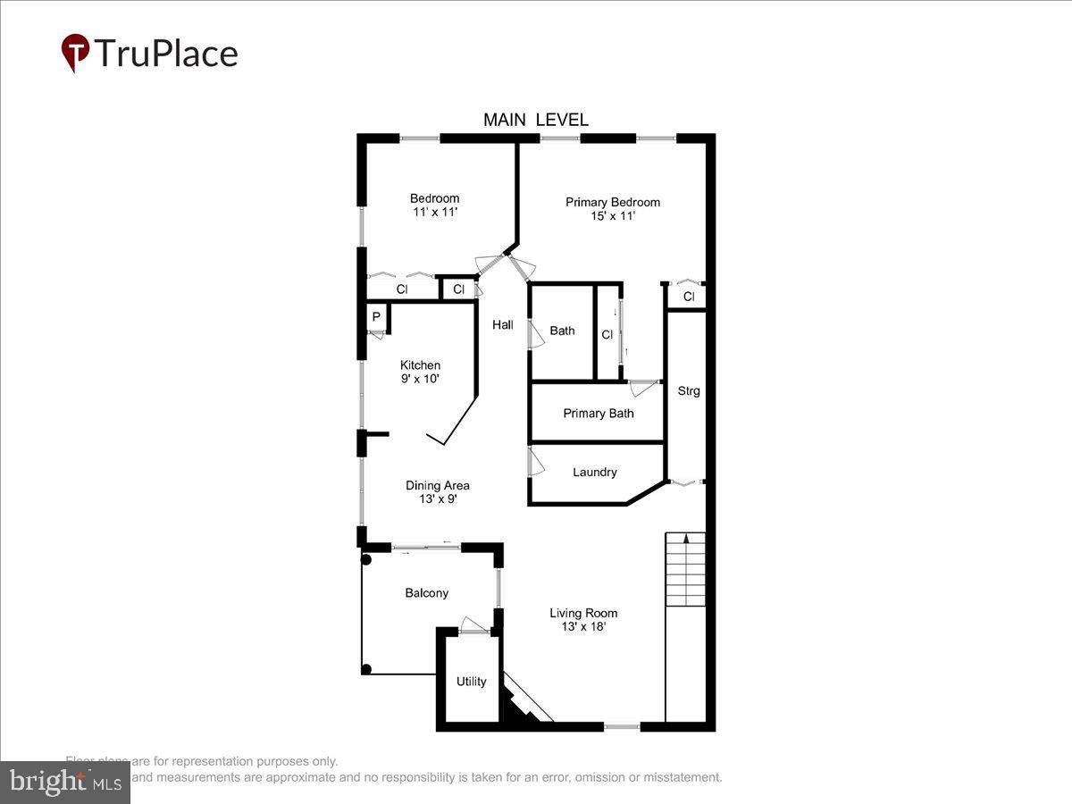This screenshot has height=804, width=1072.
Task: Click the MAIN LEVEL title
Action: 535,120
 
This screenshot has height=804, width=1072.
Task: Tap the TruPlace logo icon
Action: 75,53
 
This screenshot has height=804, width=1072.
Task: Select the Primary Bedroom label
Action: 612,202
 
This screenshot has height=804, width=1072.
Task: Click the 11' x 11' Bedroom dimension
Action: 434,213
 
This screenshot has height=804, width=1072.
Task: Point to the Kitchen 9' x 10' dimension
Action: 420,379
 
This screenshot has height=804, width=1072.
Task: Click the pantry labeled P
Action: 376,317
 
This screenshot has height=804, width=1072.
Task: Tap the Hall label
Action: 502,325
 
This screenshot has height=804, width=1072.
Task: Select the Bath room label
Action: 562,331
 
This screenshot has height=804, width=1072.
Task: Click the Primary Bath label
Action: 598,413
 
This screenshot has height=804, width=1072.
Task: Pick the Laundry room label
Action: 594,472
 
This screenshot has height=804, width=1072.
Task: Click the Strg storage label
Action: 688,390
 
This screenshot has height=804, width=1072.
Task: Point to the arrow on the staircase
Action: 685,539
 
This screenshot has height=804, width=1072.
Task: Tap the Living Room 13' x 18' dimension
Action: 583,627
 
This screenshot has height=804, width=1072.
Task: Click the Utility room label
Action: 471,682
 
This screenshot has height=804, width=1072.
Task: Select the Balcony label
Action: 426,592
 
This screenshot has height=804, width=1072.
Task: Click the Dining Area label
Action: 437,485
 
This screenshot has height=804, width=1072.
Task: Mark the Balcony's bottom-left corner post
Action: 366,669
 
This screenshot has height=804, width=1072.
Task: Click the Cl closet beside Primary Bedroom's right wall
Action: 688,297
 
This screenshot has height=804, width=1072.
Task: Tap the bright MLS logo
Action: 64,783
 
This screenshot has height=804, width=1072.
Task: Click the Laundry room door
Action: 536,461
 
